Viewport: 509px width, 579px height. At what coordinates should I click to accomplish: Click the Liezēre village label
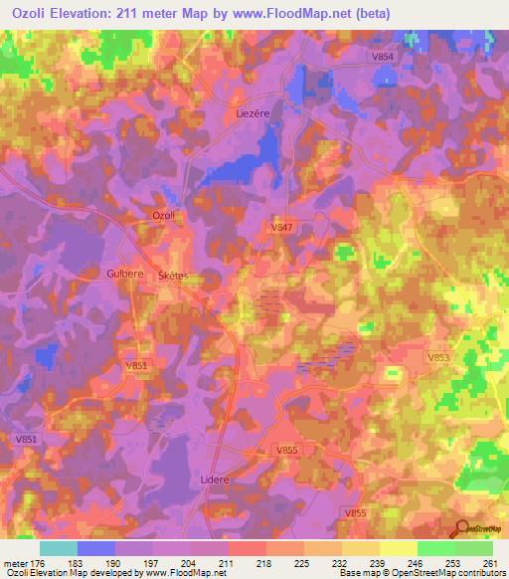point(254,113)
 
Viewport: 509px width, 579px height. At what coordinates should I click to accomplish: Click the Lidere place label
point(216,479)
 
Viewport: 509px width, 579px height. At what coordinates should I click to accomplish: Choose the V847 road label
point(283,228)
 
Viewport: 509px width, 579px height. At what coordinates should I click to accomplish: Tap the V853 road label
point(438,357)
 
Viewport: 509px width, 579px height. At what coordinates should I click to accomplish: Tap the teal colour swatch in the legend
point(59,548)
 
